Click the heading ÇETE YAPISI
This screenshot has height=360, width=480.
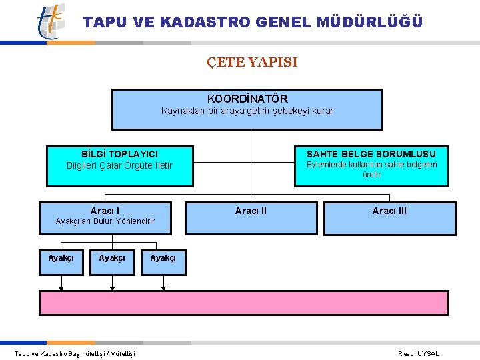click(x=252, y=63)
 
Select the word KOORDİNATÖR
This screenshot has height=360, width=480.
click(x=247, y=99)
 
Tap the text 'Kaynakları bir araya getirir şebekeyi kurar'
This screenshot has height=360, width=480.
click(x=247, y=111)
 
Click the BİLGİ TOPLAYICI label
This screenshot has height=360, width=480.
click(x=119, y=154)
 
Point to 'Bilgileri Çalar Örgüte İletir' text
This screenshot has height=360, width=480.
click(x=119, y=165)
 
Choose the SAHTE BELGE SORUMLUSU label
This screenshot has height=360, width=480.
click(x=371, y=154)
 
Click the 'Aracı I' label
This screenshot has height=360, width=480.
click(x=105, y=211)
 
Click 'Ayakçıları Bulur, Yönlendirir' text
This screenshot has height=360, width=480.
click(x=105, y=221)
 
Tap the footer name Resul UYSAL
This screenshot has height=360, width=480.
click(x=419, y=354)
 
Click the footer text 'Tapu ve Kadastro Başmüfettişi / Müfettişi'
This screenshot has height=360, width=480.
click(x=75, y=354)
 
